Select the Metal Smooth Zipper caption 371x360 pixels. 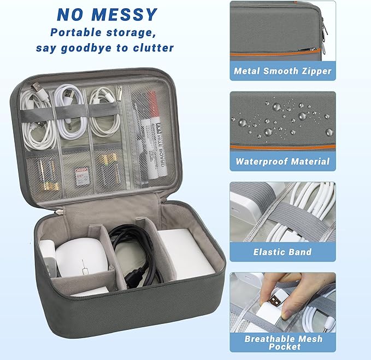point(282,71)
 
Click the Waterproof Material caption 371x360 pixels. point(282,161)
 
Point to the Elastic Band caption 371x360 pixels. point(282,252)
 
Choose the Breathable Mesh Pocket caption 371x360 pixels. point(282,342)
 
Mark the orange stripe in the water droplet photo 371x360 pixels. point(282,147)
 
